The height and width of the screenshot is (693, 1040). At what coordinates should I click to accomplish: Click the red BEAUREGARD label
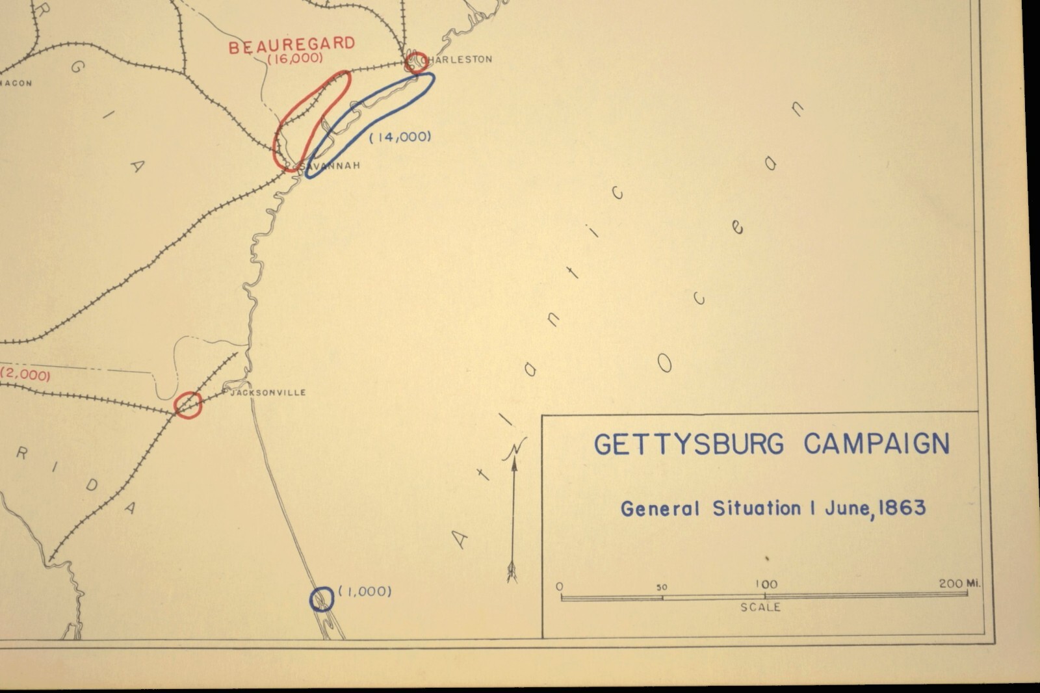tap(292, 46)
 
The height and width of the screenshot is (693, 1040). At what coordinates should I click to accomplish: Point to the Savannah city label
tap(331, 166)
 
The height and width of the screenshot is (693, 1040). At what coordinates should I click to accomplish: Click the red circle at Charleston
tap(415, 62)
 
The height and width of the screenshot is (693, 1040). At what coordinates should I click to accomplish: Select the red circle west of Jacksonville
tap(188, 404)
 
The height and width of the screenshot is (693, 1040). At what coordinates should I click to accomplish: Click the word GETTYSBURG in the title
tap(688, 445)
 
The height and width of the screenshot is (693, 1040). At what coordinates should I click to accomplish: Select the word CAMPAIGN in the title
tap(876, 444)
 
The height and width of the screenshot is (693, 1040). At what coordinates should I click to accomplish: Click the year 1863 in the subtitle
tap(902, 508)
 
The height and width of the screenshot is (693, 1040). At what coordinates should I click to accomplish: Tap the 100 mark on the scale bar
tap(766, 584)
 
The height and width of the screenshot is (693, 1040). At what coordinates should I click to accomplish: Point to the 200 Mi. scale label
tap(959, 584)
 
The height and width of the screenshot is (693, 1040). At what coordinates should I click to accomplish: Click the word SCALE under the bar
tap(760, 607)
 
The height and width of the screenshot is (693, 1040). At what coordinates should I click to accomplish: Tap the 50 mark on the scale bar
tap(662, 587)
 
